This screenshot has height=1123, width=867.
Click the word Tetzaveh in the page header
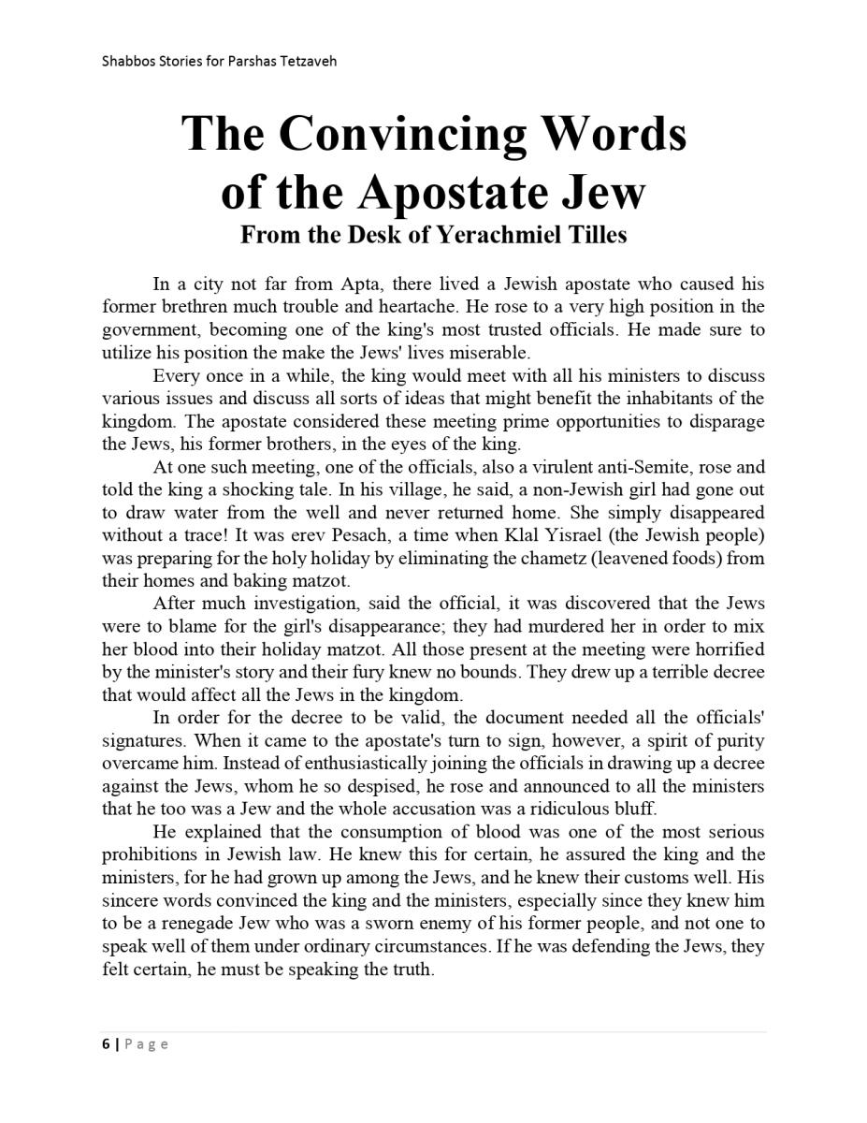pos(305,62)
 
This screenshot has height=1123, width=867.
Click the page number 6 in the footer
pos(106,1044)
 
